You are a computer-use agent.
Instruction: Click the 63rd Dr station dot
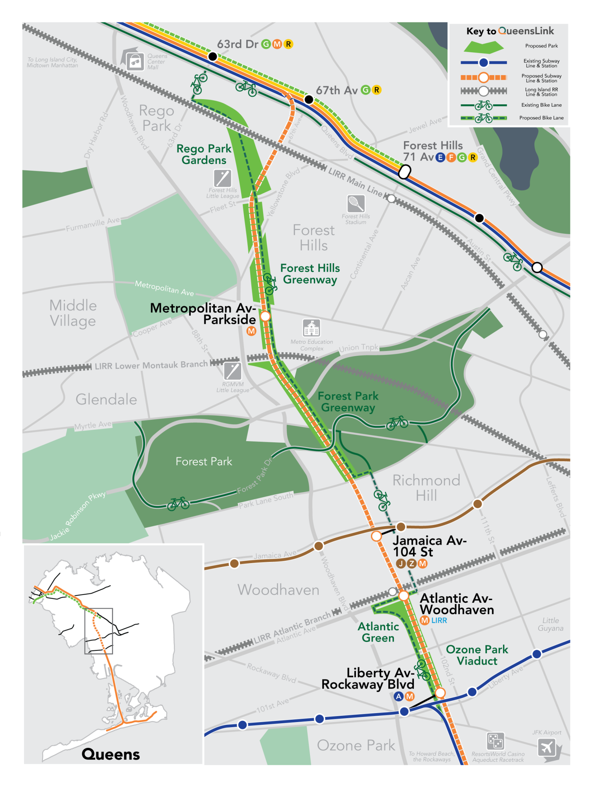tap(212, 57)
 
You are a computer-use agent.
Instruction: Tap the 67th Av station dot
tap(309, 100)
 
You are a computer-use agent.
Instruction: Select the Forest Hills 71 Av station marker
tap(405, 172)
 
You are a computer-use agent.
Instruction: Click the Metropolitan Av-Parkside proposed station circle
tap(266, 316)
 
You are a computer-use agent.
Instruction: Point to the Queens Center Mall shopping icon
tap(135, 62)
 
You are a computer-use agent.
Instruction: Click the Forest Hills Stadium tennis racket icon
tap(356, 204)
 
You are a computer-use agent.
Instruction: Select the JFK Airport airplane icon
tap(547, 747)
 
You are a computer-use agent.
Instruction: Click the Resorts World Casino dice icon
tap(495, 741)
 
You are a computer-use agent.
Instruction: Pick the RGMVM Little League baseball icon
tap(232, 371)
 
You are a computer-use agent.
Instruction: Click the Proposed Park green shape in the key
tap(483, 46)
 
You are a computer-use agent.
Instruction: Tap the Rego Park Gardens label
tap(204, 154)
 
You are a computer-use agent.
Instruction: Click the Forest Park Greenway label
tap(348, 402)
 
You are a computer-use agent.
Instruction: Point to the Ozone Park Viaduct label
tap(477, 655)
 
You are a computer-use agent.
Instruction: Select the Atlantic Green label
tap(378, 632)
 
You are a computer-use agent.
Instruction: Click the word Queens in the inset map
tap(111, 754)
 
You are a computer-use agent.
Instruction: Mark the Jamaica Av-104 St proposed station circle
tap(376, 536)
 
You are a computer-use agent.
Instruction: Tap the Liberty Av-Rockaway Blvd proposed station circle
tap(440, 693)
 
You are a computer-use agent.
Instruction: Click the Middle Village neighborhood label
tap(73, 313)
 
